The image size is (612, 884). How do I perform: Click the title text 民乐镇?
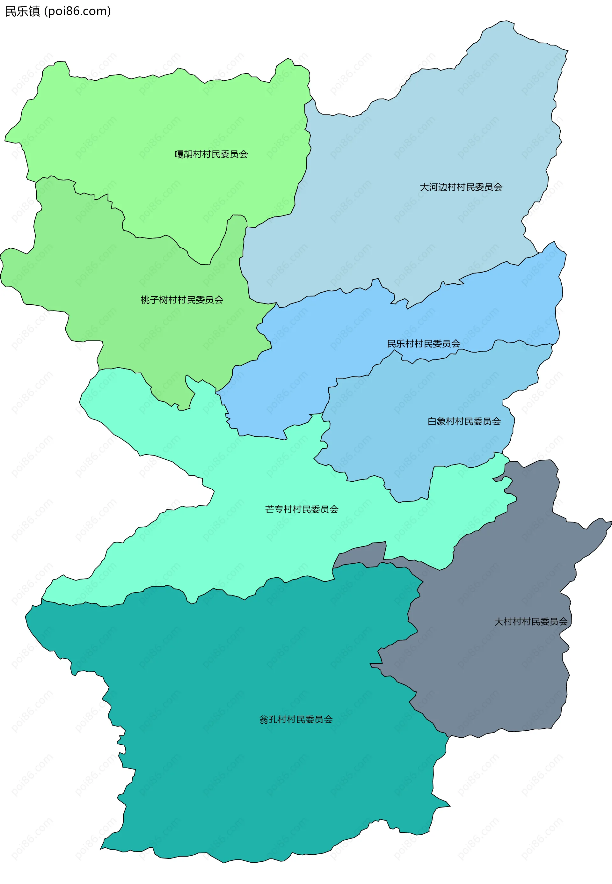pos(22,11)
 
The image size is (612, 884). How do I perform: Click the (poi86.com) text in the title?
pos(77,11)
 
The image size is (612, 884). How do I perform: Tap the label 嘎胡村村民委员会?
pos(211,154)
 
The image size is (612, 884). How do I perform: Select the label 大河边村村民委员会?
pos(461,187)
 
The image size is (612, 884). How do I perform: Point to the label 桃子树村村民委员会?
pos(182,300)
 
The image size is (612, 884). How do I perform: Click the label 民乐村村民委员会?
pos(423,344)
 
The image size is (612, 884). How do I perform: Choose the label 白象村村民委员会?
pos(464,421)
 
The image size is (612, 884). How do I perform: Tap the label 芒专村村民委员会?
pos(302,509)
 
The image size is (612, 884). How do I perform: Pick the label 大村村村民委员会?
pos(531,622)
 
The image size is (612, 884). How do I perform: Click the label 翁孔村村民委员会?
pos(296,720)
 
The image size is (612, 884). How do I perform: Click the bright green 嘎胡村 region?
pos(161,115)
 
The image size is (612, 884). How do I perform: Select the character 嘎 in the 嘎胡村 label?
pos(179,154)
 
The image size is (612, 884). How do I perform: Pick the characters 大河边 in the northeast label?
pos(433,187)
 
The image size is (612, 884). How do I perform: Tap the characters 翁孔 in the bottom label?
pos(268,720)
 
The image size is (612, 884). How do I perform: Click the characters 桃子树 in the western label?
pos(154,300)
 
